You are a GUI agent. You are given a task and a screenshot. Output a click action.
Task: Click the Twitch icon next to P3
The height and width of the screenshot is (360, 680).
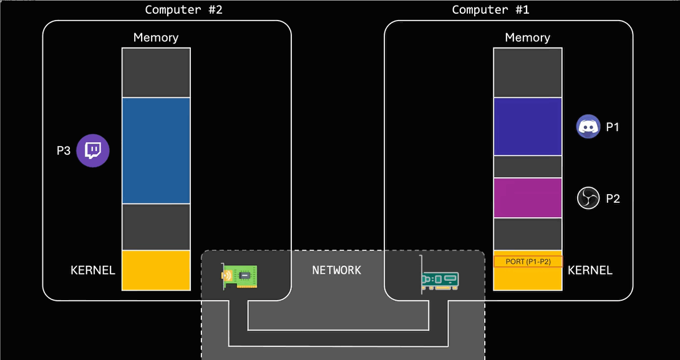93,151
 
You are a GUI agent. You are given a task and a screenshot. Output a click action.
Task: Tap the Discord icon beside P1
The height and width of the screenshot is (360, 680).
588,127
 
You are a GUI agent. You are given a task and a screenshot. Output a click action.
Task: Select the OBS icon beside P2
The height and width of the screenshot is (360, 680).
588,198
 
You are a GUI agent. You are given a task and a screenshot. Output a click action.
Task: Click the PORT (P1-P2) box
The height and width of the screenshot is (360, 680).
528,261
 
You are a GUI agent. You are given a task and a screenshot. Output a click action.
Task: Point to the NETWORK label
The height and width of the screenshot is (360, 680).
337,270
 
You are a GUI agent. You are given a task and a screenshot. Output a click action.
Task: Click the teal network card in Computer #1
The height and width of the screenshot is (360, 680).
440,280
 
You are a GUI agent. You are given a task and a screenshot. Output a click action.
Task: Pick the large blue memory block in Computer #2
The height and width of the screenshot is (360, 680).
156,150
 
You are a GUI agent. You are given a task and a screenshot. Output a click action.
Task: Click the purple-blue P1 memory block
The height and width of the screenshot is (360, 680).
528,127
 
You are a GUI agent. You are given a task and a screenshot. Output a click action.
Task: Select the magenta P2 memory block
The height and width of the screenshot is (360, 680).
528,198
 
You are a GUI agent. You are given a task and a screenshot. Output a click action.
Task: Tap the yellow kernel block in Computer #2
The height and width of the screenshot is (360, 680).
156,270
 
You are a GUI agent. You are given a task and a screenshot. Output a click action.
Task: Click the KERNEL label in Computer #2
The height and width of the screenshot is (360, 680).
93,270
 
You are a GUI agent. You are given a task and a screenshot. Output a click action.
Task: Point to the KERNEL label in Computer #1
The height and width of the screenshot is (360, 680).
590,270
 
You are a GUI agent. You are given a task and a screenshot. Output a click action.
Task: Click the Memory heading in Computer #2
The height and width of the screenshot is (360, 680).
156,37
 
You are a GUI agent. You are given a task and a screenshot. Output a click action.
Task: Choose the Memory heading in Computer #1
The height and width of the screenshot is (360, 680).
528,37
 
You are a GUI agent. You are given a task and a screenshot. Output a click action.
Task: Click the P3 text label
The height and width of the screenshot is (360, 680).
64,151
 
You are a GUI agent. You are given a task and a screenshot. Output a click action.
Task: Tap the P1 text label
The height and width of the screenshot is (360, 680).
613,127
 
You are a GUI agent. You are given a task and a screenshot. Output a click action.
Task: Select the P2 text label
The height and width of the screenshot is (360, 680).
613,198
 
